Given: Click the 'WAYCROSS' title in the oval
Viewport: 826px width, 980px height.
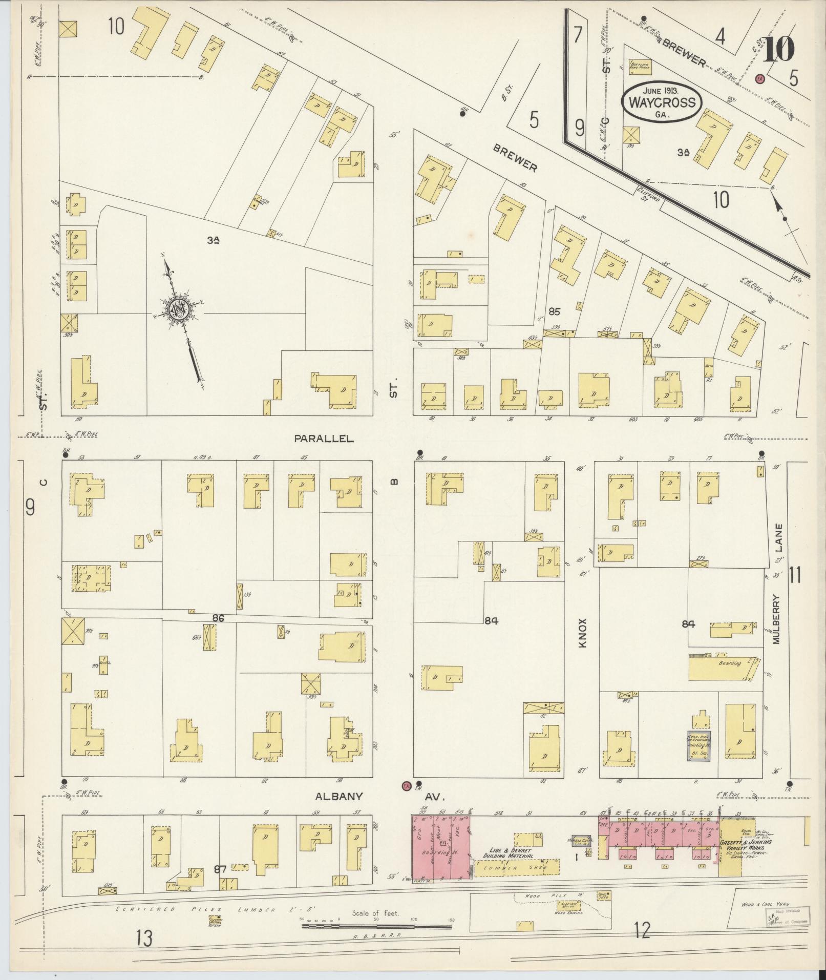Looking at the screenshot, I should click(x=662, y=102).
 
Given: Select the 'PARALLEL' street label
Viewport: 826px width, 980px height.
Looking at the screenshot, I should click(x=324, y=439).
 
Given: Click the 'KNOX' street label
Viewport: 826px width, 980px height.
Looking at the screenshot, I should click(x=582, y=634).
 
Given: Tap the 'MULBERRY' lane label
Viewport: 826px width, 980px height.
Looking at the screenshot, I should click(x=777, y=619).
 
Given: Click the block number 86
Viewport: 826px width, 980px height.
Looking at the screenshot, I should click(x=219, y=618).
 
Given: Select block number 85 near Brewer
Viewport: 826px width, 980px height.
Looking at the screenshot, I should click(x=554, y=311).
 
